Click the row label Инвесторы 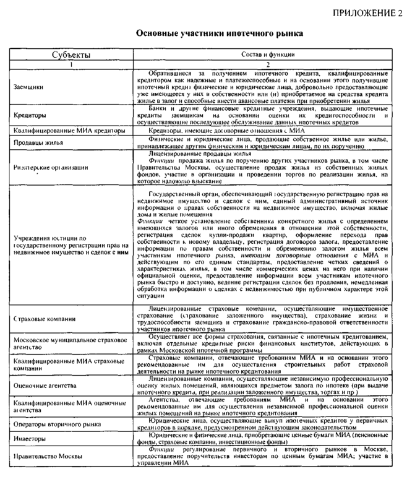(x=30, y=438)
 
